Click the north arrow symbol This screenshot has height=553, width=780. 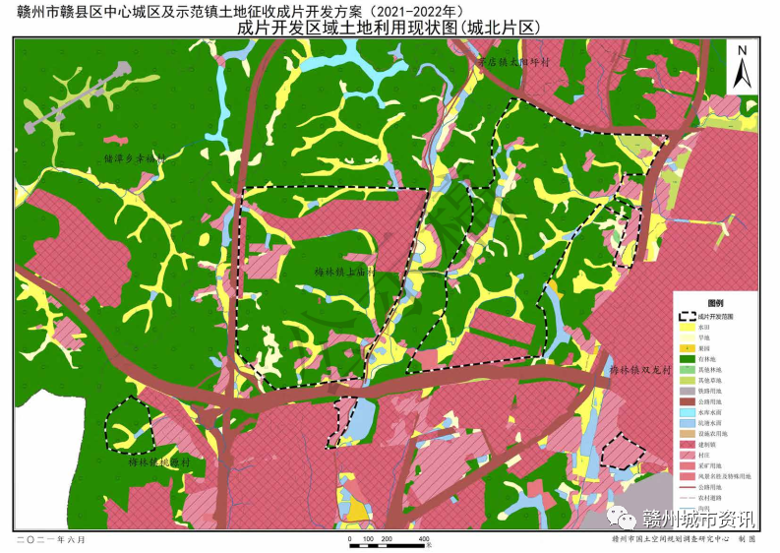coord(745,66)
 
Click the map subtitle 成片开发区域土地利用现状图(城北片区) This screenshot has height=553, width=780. coord(390,28)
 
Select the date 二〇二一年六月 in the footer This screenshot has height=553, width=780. coord(50,540)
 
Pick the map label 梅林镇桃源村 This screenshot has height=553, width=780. coord(163,461)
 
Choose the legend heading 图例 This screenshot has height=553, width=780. coord(715,305)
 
